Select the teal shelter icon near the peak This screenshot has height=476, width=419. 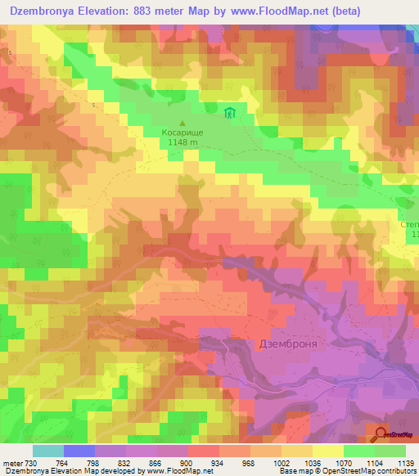tap(231, 112)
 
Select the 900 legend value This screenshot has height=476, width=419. tap(187, 462)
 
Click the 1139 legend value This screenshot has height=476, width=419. tap(394, 462)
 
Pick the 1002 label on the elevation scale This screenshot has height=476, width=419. tap(281, 462)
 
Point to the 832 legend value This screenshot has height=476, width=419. tap(125, 462)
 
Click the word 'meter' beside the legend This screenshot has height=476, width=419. tap(14, 462)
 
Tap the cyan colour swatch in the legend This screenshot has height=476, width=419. tap(48, 451)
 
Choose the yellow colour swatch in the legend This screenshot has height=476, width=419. tap(328, 451)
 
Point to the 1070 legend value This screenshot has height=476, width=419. tap(343, 462)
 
